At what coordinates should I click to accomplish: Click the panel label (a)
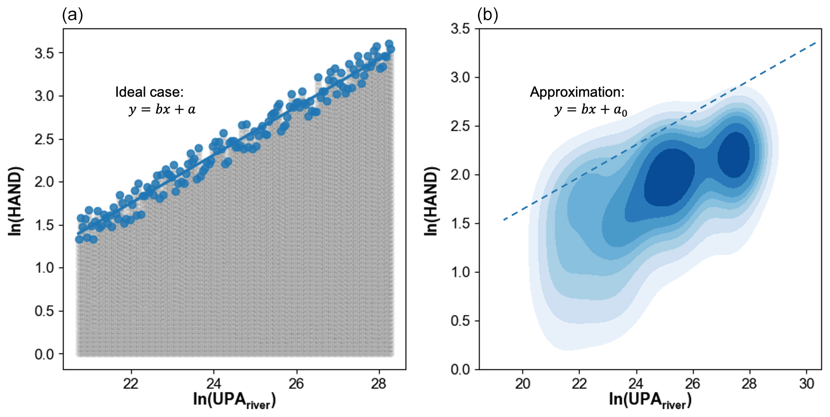72,15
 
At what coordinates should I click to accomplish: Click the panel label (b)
488,15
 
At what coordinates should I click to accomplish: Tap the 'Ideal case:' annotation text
149,92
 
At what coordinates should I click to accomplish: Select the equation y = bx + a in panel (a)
162,109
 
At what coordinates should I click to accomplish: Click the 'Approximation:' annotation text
577,92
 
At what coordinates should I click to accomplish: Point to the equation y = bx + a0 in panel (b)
591,110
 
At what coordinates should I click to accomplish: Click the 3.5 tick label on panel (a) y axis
44,53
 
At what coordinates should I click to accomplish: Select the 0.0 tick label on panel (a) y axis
44,354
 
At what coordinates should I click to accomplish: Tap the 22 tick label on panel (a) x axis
131,383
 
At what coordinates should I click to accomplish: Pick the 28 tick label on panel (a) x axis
379,383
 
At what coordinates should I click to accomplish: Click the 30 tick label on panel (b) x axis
807,383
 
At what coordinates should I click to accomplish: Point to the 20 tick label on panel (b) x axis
523,383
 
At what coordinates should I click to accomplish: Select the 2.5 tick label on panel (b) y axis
460,126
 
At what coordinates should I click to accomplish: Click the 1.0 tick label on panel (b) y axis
460,272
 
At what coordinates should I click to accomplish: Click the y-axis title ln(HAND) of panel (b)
431,201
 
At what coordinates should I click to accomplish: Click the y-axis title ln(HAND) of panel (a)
15,201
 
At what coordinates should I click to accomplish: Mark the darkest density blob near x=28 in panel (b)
733,155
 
